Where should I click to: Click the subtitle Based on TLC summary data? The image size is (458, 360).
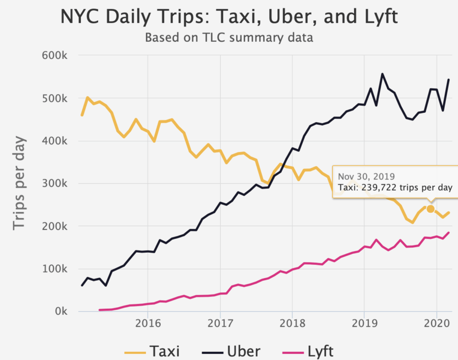point(228,38)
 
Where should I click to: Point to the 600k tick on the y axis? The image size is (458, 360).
point(55,55)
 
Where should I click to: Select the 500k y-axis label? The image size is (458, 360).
point(55,98)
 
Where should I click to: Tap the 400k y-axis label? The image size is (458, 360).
point(55,141)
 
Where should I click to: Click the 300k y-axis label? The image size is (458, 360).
point(55,184)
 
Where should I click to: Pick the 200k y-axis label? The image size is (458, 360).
point(55,226)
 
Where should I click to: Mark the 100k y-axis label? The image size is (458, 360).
point(55,269)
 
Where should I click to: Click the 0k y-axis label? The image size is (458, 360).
point(60,311)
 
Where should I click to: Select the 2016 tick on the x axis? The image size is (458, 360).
point(148,323)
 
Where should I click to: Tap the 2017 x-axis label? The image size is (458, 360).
point(220,323)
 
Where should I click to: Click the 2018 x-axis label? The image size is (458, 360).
point(292,323)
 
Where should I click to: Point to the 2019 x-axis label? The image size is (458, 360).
point(364,323)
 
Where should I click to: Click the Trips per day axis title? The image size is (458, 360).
point(19,182)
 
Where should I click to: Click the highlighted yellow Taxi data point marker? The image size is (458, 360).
point(431,209)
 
